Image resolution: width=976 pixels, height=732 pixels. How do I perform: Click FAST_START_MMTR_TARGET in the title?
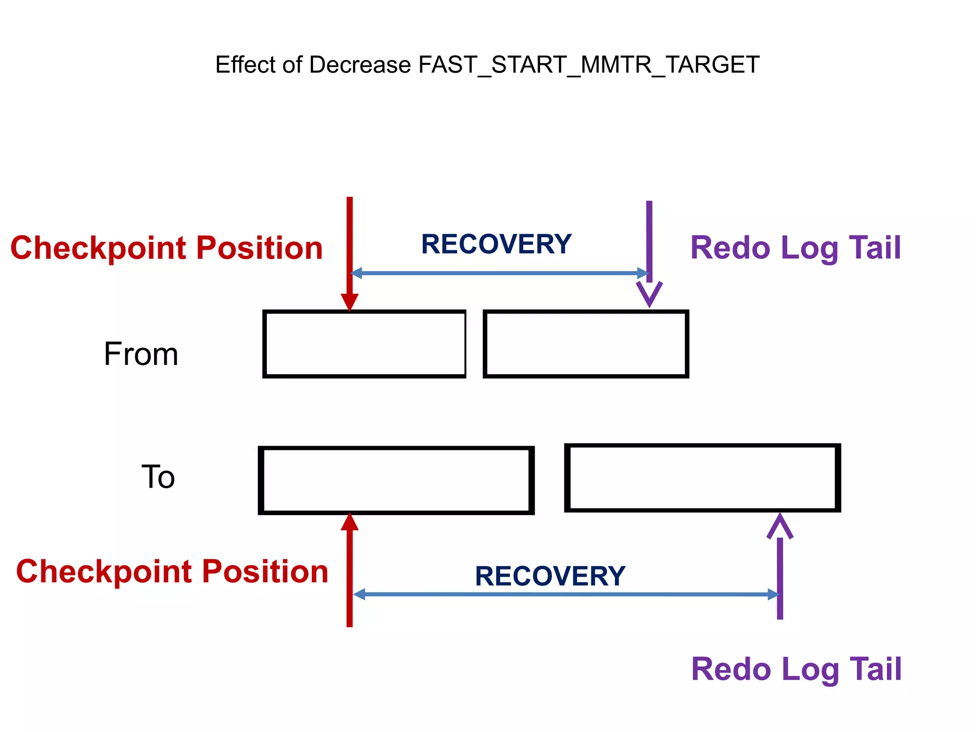[589, 65]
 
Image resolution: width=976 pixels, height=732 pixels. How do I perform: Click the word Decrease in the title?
[360, 65]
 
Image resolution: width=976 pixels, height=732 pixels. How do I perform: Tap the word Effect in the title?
[245, 65]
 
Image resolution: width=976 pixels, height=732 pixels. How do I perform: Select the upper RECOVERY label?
[496, 244]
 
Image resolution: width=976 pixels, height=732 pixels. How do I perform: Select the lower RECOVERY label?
[550, 576]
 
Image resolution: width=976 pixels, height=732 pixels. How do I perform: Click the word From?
[141, 354]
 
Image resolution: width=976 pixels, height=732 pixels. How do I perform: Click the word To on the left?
[158, 477]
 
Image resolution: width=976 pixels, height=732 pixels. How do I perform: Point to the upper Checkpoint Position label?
[166, 248]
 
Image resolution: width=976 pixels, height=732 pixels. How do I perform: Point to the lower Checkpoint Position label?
[172, 571]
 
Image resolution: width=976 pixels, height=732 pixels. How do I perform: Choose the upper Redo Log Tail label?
[795, 248]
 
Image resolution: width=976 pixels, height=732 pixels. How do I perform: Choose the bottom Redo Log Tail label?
[796, 669]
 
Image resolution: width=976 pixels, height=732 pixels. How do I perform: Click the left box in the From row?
[364, 344]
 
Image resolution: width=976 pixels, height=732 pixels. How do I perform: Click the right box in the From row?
[586, 344]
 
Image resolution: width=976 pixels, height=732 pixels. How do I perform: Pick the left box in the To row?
[396, 480]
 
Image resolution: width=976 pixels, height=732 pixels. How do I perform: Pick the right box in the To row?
[702, 478]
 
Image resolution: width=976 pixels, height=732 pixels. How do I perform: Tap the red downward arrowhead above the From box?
[349, 302]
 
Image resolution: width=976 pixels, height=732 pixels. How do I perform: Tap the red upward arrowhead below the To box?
[349, 522]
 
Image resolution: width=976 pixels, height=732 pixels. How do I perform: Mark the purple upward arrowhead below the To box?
[780, 527]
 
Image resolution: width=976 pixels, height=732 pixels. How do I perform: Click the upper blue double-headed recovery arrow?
[499, 273]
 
